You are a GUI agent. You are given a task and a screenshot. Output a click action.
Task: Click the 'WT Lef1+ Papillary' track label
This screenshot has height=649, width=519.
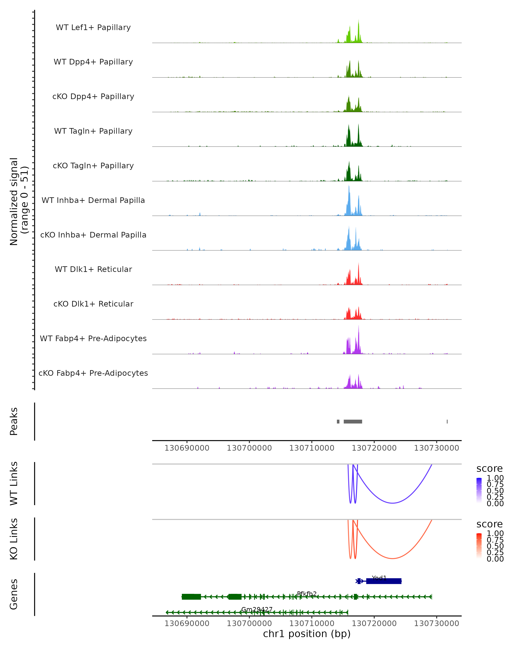point(93,27)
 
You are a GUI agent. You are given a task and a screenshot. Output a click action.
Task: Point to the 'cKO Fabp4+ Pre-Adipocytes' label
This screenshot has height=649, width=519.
point(93,373)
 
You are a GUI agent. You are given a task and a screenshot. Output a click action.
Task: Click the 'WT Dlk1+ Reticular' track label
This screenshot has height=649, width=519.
point(93,269)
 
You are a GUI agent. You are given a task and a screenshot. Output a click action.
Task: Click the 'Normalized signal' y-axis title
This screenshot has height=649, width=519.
point(14,201)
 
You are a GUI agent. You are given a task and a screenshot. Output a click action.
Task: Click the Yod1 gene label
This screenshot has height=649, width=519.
point(379,578)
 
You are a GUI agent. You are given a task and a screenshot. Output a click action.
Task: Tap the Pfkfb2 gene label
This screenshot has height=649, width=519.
point(307,594)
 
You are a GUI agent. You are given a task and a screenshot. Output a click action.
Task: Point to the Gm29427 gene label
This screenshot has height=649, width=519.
point(257,609)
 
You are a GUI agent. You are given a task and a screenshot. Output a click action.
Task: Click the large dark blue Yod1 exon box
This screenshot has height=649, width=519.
point(384,581)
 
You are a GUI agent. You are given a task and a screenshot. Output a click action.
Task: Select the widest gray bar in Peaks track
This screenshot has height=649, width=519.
point(353,421)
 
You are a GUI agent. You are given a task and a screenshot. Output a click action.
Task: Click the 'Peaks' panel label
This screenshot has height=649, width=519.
point(14,421)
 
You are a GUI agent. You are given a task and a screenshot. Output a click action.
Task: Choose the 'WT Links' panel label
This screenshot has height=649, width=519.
point(14,484)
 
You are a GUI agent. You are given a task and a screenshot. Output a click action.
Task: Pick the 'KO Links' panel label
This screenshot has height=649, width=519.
point(14,539)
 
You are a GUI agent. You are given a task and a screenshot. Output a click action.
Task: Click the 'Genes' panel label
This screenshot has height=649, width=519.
point(14,594)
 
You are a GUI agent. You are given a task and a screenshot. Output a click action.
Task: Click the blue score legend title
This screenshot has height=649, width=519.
point(489,469)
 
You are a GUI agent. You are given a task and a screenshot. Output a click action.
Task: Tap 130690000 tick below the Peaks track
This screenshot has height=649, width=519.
point(187,448)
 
